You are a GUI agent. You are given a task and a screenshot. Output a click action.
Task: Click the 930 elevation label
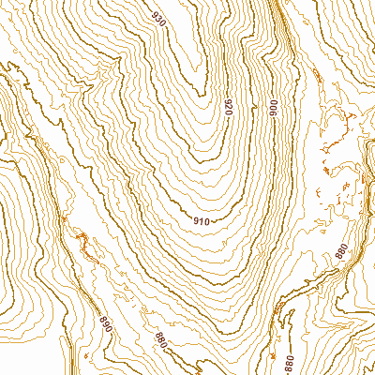157,20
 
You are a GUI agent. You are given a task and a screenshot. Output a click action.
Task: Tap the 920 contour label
228,108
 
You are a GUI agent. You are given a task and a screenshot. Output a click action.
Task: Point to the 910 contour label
200,221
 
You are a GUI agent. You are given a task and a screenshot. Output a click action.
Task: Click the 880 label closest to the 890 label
159,339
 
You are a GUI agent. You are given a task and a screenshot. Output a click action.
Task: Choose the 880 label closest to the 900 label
341,250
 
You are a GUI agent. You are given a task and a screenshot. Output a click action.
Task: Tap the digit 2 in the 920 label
228,108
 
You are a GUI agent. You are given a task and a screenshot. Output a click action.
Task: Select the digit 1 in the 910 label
200,221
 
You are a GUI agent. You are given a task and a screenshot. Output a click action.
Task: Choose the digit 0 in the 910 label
205,221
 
